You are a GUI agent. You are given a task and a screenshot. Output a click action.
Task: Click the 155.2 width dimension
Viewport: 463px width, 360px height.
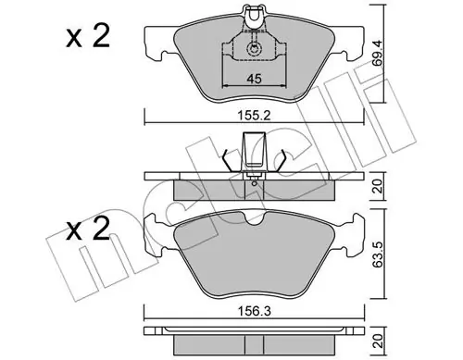pyautogui.click(x=254, y=116)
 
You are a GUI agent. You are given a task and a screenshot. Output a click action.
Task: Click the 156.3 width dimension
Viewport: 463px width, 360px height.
pyautogui.click(x=255, y=311)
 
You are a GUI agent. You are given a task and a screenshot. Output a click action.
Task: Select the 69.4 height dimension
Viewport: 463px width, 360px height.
pyautogui.click(x=377, y=53)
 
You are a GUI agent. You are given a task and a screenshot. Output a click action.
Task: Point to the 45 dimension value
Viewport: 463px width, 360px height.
pyautogui.click(x=254, y=79)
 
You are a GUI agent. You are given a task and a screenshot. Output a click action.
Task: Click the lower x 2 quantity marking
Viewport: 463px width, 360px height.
pyautogui.click(x=88, y=229)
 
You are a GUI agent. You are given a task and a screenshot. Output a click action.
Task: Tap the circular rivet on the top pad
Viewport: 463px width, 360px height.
pyautogui.click(x=254, y=49)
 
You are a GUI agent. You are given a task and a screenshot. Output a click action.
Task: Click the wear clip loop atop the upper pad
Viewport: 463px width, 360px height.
pyautogui.click(x=254, y=14)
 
